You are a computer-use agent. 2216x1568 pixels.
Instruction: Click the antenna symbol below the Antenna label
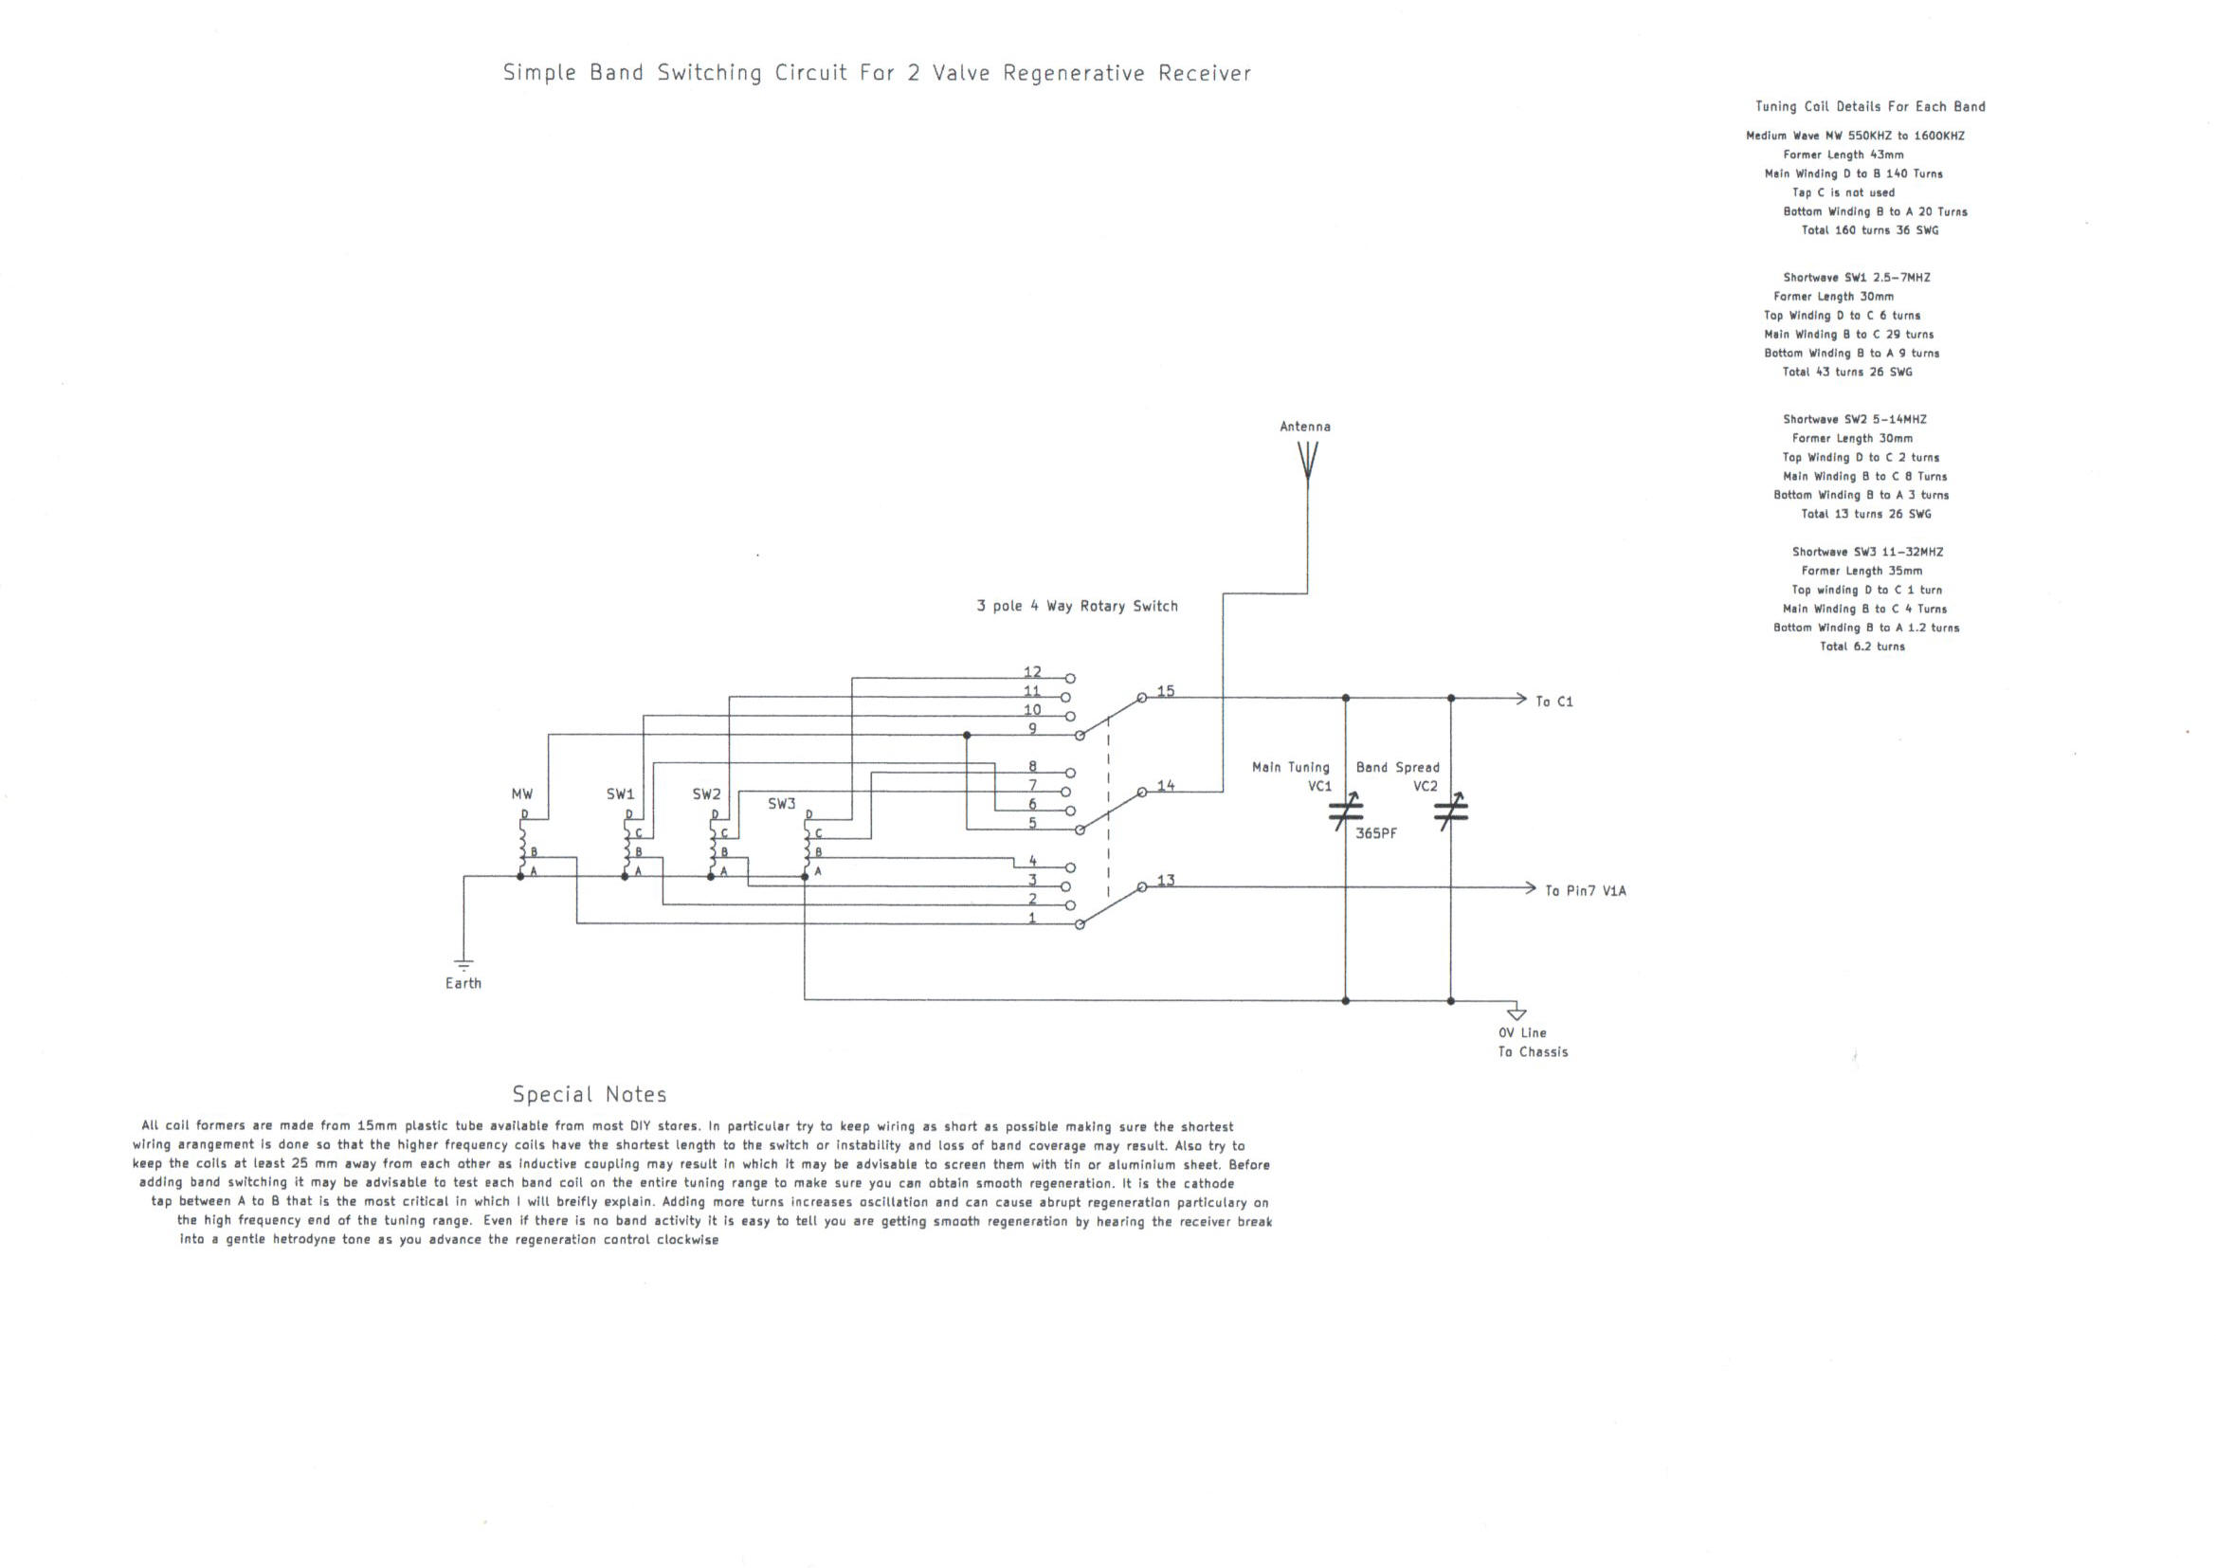1308,462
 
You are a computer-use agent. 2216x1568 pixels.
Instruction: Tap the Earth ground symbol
463,963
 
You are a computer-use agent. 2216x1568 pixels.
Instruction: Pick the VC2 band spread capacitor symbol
1450,812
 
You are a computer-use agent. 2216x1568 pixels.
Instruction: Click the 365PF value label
1375,833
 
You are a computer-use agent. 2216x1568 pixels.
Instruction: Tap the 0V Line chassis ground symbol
1517,1012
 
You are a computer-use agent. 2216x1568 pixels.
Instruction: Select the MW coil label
522,793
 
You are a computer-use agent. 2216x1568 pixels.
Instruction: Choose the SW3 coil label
782,803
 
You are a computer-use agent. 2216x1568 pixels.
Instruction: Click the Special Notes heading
590,1094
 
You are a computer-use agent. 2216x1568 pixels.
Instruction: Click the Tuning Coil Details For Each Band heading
1869,106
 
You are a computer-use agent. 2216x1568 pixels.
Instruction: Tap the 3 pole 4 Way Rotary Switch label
1077,607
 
